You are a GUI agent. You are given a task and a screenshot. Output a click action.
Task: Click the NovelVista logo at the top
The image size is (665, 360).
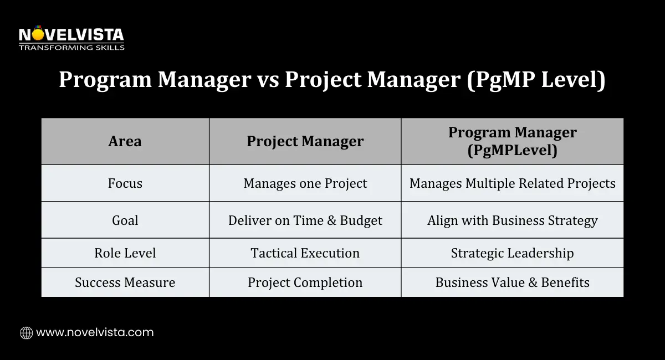71,38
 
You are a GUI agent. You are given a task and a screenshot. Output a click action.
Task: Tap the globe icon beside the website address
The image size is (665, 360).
27,333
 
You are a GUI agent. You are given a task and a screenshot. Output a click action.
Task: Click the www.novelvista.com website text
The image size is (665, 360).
95,332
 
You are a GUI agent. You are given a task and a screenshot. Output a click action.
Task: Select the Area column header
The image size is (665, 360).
125,141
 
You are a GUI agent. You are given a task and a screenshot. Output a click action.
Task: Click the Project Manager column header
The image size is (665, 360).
305,141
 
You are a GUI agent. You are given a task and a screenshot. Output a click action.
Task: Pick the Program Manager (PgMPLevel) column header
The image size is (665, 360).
513,141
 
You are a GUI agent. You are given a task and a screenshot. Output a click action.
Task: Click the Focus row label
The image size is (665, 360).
125,183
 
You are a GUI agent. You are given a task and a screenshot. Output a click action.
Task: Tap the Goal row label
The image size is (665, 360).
125,220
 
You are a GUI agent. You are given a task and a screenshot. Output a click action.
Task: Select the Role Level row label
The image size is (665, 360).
125,253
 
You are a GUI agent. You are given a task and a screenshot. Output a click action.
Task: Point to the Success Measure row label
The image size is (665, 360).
125,282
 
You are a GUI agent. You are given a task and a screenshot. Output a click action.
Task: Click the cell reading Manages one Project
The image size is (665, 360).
305,183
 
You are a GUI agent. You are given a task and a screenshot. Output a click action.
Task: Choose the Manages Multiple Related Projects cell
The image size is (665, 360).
513,183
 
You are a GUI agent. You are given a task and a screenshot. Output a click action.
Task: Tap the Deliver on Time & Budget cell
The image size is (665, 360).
305,220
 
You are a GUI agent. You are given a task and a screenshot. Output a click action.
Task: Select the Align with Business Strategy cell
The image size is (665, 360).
513,220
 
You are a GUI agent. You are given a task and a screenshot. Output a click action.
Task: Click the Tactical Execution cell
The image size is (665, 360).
305,253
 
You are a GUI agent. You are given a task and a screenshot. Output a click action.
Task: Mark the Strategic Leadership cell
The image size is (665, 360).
513,253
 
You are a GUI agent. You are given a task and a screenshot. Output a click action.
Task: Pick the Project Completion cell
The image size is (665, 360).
305,282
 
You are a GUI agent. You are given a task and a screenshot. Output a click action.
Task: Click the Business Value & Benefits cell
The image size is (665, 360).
513,282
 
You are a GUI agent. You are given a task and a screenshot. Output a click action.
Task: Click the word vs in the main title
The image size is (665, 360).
268,81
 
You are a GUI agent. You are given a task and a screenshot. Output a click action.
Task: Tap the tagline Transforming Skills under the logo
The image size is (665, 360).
71,48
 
